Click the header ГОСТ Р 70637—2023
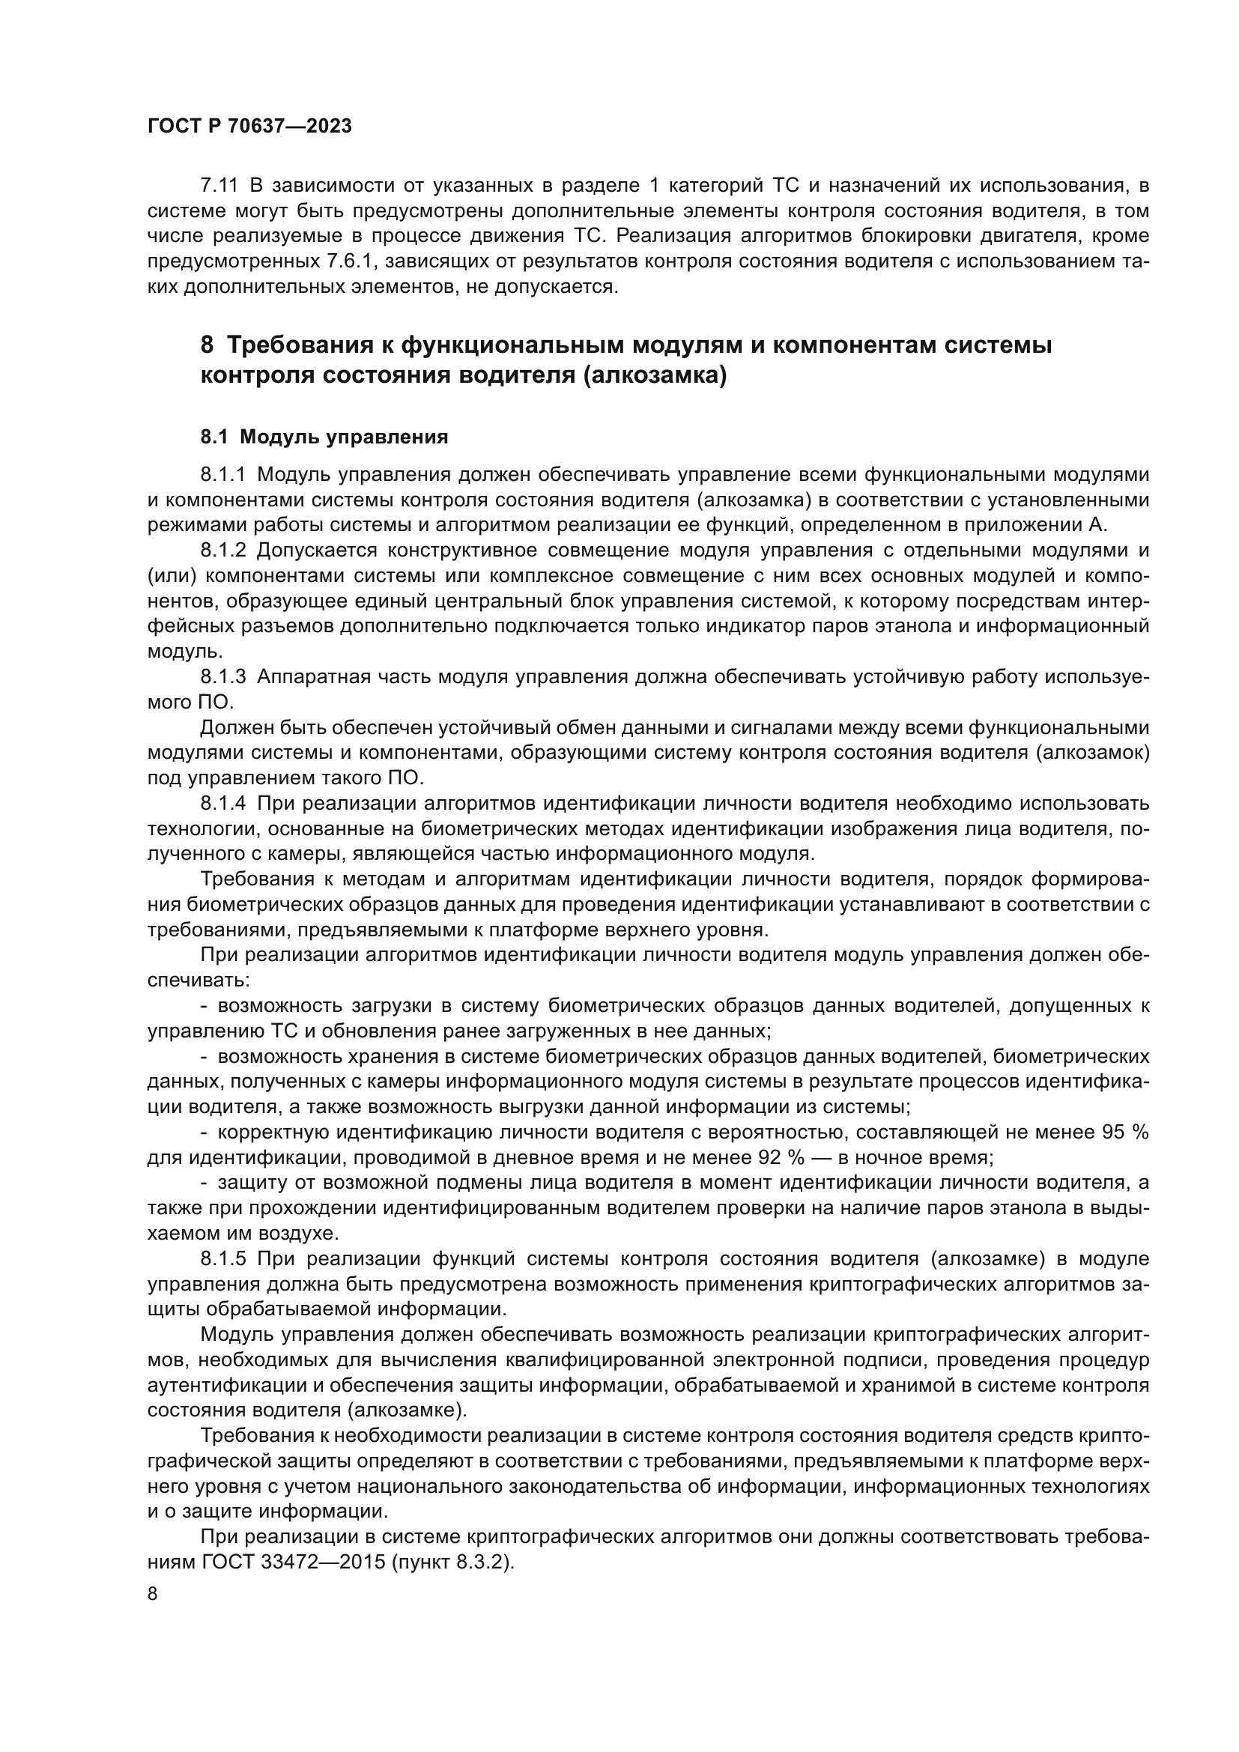(x=249, y=127)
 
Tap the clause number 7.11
(x=219, y=186)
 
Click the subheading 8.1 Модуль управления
(x=324, y=437)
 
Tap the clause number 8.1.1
(x=222, y=475)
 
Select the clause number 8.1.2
(x=222, y=551)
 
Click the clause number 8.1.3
(x=222, y=677)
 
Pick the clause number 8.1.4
(x=222, y=804)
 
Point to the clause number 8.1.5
(x=222, y=1258)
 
